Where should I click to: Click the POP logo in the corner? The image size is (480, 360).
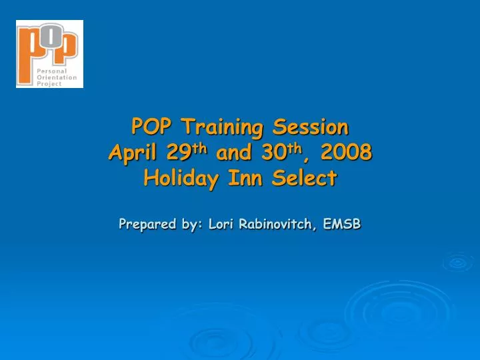tap(49, 53)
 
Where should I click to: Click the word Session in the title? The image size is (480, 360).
tap(309, 125)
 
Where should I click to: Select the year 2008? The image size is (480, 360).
tap(345, 153)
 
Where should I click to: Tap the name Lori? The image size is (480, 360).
tap(220, 225)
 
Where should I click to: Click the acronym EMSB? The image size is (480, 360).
tap(342, 225)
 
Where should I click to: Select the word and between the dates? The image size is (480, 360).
tap(233, 153)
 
